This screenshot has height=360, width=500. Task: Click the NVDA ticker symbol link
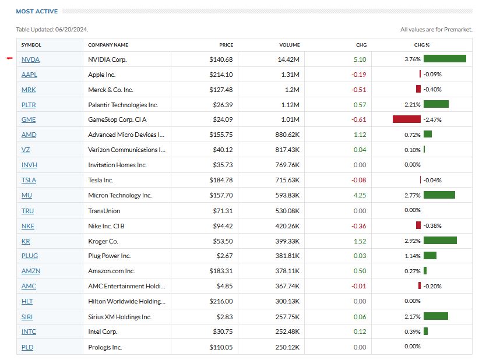(30, 59)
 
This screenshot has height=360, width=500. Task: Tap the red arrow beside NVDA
(9, 58)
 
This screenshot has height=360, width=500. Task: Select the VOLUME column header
(290, 45)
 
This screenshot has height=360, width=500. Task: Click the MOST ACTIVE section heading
(37, 11)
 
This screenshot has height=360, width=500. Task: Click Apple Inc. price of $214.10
(221, 75)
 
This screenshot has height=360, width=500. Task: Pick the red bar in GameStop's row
(406, 119)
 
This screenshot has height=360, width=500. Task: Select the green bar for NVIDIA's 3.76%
(445, 59)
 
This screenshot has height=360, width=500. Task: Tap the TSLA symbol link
(29, 181)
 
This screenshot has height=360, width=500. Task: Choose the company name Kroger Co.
(103, 241)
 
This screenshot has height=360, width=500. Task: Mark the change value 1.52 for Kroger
(360, 241)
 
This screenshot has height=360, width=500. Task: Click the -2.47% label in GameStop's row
(432, 120)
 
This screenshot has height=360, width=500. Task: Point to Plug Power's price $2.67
(224, 256)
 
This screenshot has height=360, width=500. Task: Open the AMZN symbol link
(31, 271)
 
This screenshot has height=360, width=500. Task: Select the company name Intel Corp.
(103, 332)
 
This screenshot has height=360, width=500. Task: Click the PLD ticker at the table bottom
(28, 347)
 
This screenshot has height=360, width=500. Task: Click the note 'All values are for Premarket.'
(436, 30)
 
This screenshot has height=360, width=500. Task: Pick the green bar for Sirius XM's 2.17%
(435, 316)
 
